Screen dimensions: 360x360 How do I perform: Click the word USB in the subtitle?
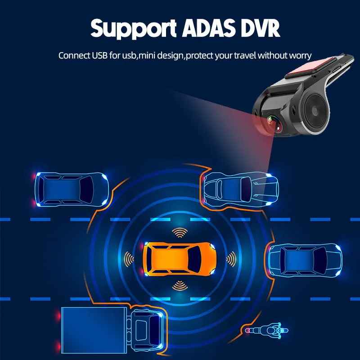point(99,56)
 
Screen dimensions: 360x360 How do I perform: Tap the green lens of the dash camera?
point(272,121)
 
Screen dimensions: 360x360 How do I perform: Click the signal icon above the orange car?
point(180,233)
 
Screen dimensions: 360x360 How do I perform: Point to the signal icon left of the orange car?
point(130,259)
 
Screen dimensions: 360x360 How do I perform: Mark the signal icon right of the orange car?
point(230,259)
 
